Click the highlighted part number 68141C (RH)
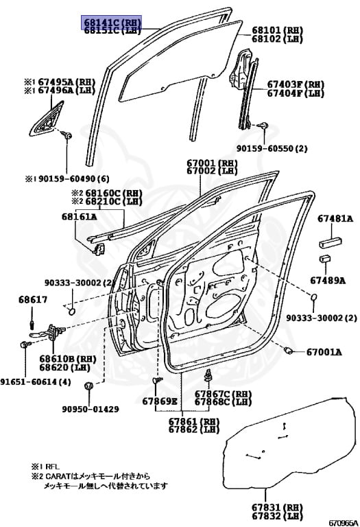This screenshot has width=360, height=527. (x=112, y=22)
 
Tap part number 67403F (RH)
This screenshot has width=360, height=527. (x=295, y=84)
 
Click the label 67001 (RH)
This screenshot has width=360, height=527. (x=212, y=163)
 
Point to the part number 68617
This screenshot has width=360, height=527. (x=33, y=300)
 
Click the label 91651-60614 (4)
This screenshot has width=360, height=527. (x=34, y=382)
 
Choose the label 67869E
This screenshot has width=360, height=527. (x=160, y=401)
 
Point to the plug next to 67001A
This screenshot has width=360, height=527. (x=289, y=351)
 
